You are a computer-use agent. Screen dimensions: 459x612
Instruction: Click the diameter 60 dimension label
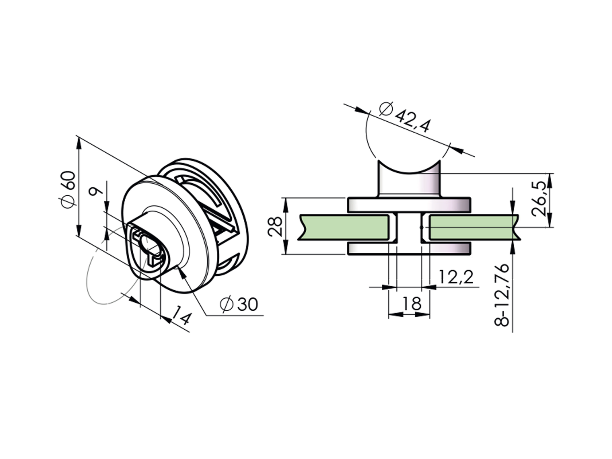click(68, 189)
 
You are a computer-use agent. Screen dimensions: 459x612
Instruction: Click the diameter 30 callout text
click(239, 304)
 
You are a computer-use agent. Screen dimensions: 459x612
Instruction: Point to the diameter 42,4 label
click(405, 117)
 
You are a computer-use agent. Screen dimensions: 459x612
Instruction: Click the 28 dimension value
click(275, 226)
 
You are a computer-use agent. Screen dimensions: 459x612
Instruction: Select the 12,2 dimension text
click(456, 277)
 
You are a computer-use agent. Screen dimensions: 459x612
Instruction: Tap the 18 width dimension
click(412, 303)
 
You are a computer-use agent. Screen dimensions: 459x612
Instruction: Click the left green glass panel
click(344, 227)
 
